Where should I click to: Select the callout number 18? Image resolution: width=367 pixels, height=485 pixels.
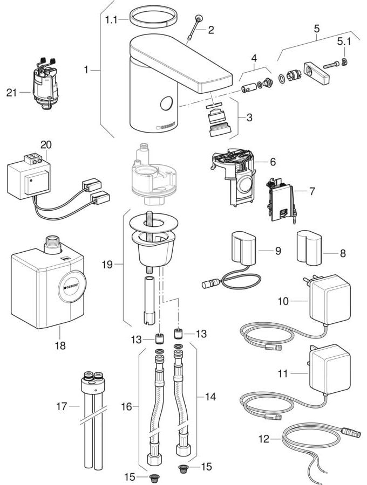click(x=60, y=345)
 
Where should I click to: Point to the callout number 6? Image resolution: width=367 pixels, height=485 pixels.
click(x=273, y=161)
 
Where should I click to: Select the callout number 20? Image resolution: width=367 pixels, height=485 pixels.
click(x=47, y=145)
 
